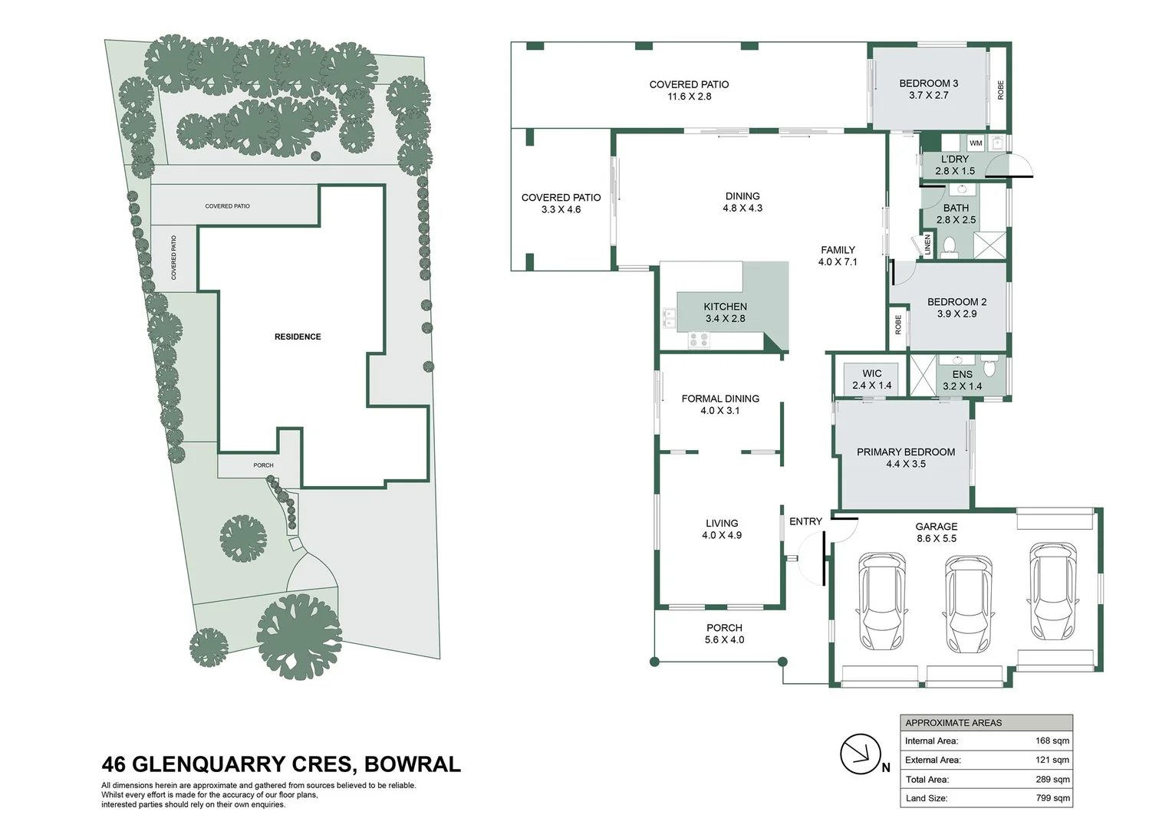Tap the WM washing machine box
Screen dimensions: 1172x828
click(976, 143)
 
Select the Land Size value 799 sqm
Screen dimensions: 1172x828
click(1052, 798)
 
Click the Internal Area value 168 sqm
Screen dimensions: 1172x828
click(1052, 741)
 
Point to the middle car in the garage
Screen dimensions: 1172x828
click(968, 603)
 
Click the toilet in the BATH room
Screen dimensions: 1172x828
click(949, 247)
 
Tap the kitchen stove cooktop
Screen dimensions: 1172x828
click(699, 340)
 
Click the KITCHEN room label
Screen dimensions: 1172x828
click(725, 307)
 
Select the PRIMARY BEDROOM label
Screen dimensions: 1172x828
click(906, 452)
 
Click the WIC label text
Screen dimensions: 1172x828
click(871, 373)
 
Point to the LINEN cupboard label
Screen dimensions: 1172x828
click(927, 245)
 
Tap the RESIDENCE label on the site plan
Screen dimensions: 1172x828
click(298, 337)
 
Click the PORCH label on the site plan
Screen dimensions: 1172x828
click(263, 465)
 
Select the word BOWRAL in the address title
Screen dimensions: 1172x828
click(413, 764)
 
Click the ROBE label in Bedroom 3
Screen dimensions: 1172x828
click(1000, 90)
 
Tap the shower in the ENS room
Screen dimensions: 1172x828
click(923, 376)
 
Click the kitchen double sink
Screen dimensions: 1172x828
click(669, 318)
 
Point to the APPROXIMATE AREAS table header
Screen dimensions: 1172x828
click(953, 723)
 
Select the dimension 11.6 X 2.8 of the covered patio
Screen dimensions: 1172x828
click(689, 97)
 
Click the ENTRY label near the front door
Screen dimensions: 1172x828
click(805, 521)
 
